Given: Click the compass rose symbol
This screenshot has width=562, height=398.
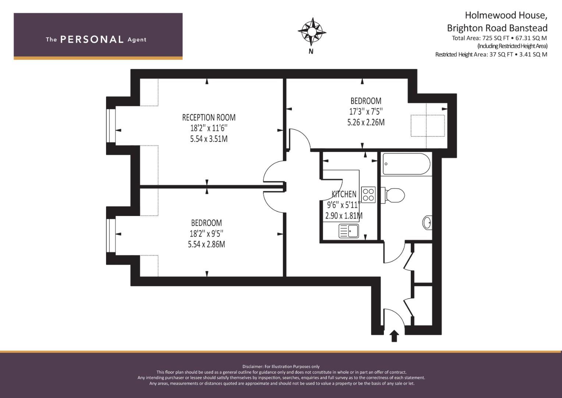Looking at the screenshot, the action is (312, 32).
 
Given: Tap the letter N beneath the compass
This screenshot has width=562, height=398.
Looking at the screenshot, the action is (311, 52).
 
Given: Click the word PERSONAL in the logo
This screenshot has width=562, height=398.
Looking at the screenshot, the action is (92, 39).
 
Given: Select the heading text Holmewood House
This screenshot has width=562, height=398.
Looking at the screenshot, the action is (506, 15).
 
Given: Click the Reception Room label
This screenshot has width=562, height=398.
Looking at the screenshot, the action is (209, 117).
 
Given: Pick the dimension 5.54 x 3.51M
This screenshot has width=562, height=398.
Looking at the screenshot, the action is (209, 139).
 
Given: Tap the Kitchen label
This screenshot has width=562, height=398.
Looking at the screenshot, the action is (344, 194).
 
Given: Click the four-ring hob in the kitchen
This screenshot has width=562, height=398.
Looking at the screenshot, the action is (368, 195).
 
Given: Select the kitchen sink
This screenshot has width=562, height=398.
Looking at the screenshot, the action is (349, 231).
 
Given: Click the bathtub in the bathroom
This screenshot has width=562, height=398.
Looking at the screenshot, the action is (406, 164).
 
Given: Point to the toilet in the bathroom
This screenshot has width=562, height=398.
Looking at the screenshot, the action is (393, 195).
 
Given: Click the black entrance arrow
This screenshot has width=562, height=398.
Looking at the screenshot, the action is (394, 336).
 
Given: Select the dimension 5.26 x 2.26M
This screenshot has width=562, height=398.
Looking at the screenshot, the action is (366, 122).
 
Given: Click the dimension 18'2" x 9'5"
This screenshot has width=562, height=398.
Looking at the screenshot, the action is (206, 234).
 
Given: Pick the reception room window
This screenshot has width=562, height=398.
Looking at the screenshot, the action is (111, 126).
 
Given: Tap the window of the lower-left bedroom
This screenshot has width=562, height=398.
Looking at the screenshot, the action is (111, 235).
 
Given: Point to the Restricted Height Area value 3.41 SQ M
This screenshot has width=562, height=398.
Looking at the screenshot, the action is (533, 55).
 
